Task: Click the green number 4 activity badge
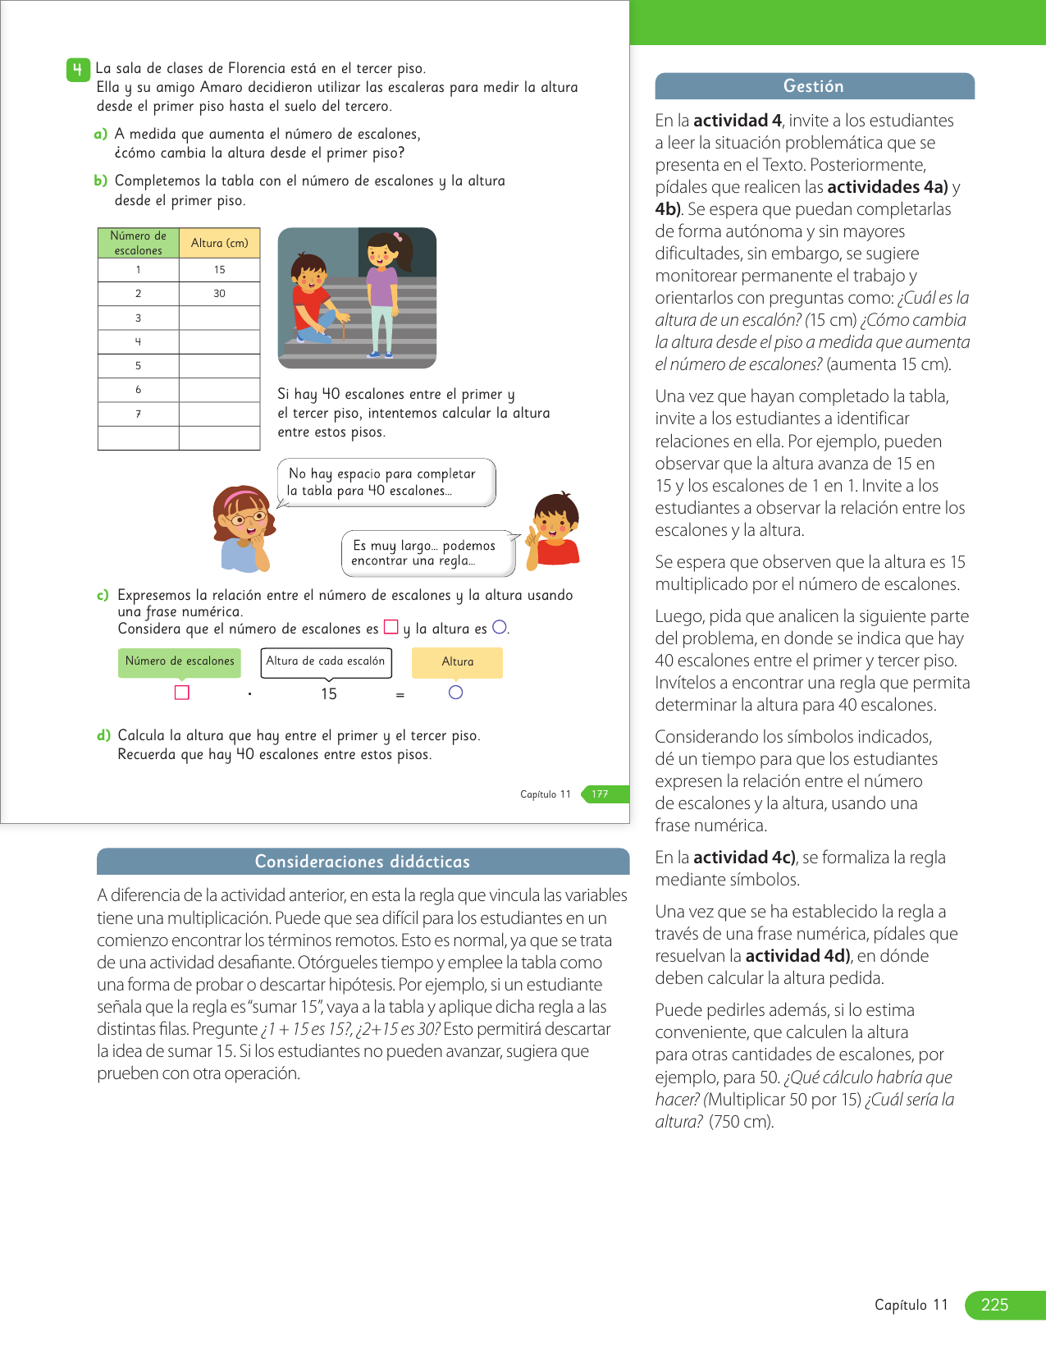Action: (77, 70)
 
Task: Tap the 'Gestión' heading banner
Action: (814, 86)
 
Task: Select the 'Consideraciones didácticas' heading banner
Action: (363, 862)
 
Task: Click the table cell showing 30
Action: (219, 294)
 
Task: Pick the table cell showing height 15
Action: (219, 270)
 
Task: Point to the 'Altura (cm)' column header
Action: (219, 243)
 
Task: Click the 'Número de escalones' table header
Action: (138, 243)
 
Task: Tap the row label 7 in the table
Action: (138, 414)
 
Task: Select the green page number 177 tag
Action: (603, 794)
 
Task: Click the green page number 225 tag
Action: (1003, 1305)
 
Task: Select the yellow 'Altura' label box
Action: (457, 662)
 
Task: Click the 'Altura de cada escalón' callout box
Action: (326, 661)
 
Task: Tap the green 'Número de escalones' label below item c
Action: (180, 662)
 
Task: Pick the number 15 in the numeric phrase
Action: (329, 694)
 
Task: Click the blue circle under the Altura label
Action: (456, 693)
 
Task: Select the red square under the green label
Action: (182, 693)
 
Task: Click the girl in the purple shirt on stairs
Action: (384, 292)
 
